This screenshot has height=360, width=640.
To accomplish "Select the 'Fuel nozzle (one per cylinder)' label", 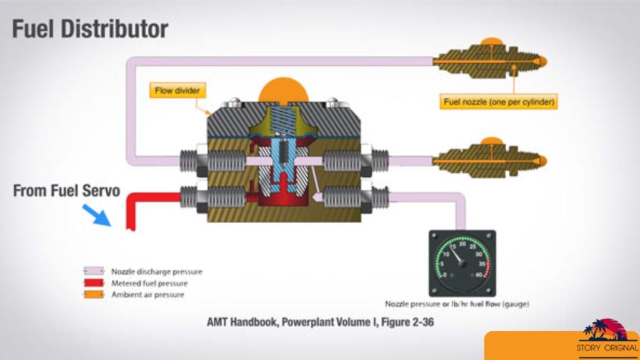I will pos(499,101).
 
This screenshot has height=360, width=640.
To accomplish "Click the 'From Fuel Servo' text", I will pos(66,191).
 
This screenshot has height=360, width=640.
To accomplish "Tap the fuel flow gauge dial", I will pos(462,262).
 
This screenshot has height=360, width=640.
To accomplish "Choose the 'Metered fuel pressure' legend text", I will pos(151,283).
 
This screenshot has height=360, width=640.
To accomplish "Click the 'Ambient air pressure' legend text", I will pos(147,294).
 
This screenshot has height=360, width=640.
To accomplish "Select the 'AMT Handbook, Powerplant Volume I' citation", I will pos(320,322).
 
